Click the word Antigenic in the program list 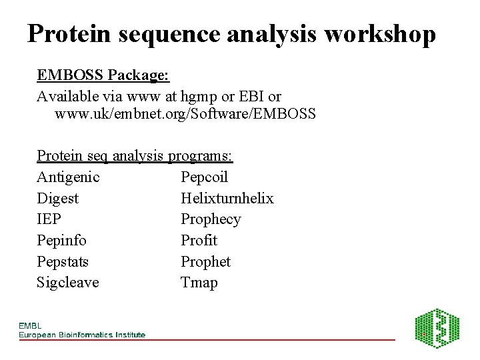(68, 177)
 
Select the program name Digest (57, 199)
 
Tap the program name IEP (49, 219)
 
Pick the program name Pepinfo (61, 241)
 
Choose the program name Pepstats (63, 262)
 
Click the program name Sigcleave (67, 283)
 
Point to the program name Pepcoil (204, 177)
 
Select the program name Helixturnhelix (227, 199)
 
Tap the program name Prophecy (211, 219)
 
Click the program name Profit (199, 241)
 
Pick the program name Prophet (205, 262)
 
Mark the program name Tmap (199, 283)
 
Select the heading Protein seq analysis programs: (135, 156)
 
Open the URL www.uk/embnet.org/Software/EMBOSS (185, 114)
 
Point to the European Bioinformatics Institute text (81, 334)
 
